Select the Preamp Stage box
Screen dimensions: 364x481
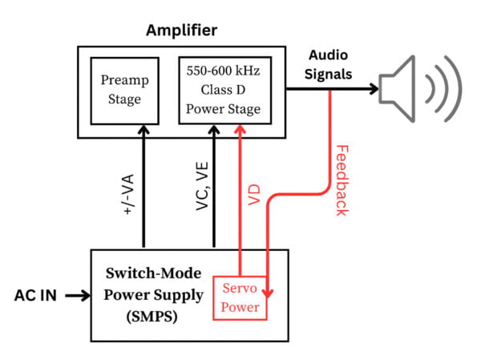[121, 90]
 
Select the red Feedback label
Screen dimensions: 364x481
[342, 181]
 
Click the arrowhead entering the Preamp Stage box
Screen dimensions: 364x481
[144, 127]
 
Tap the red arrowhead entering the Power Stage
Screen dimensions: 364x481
[240, 128]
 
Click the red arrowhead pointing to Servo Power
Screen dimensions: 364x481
[269, 292]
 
